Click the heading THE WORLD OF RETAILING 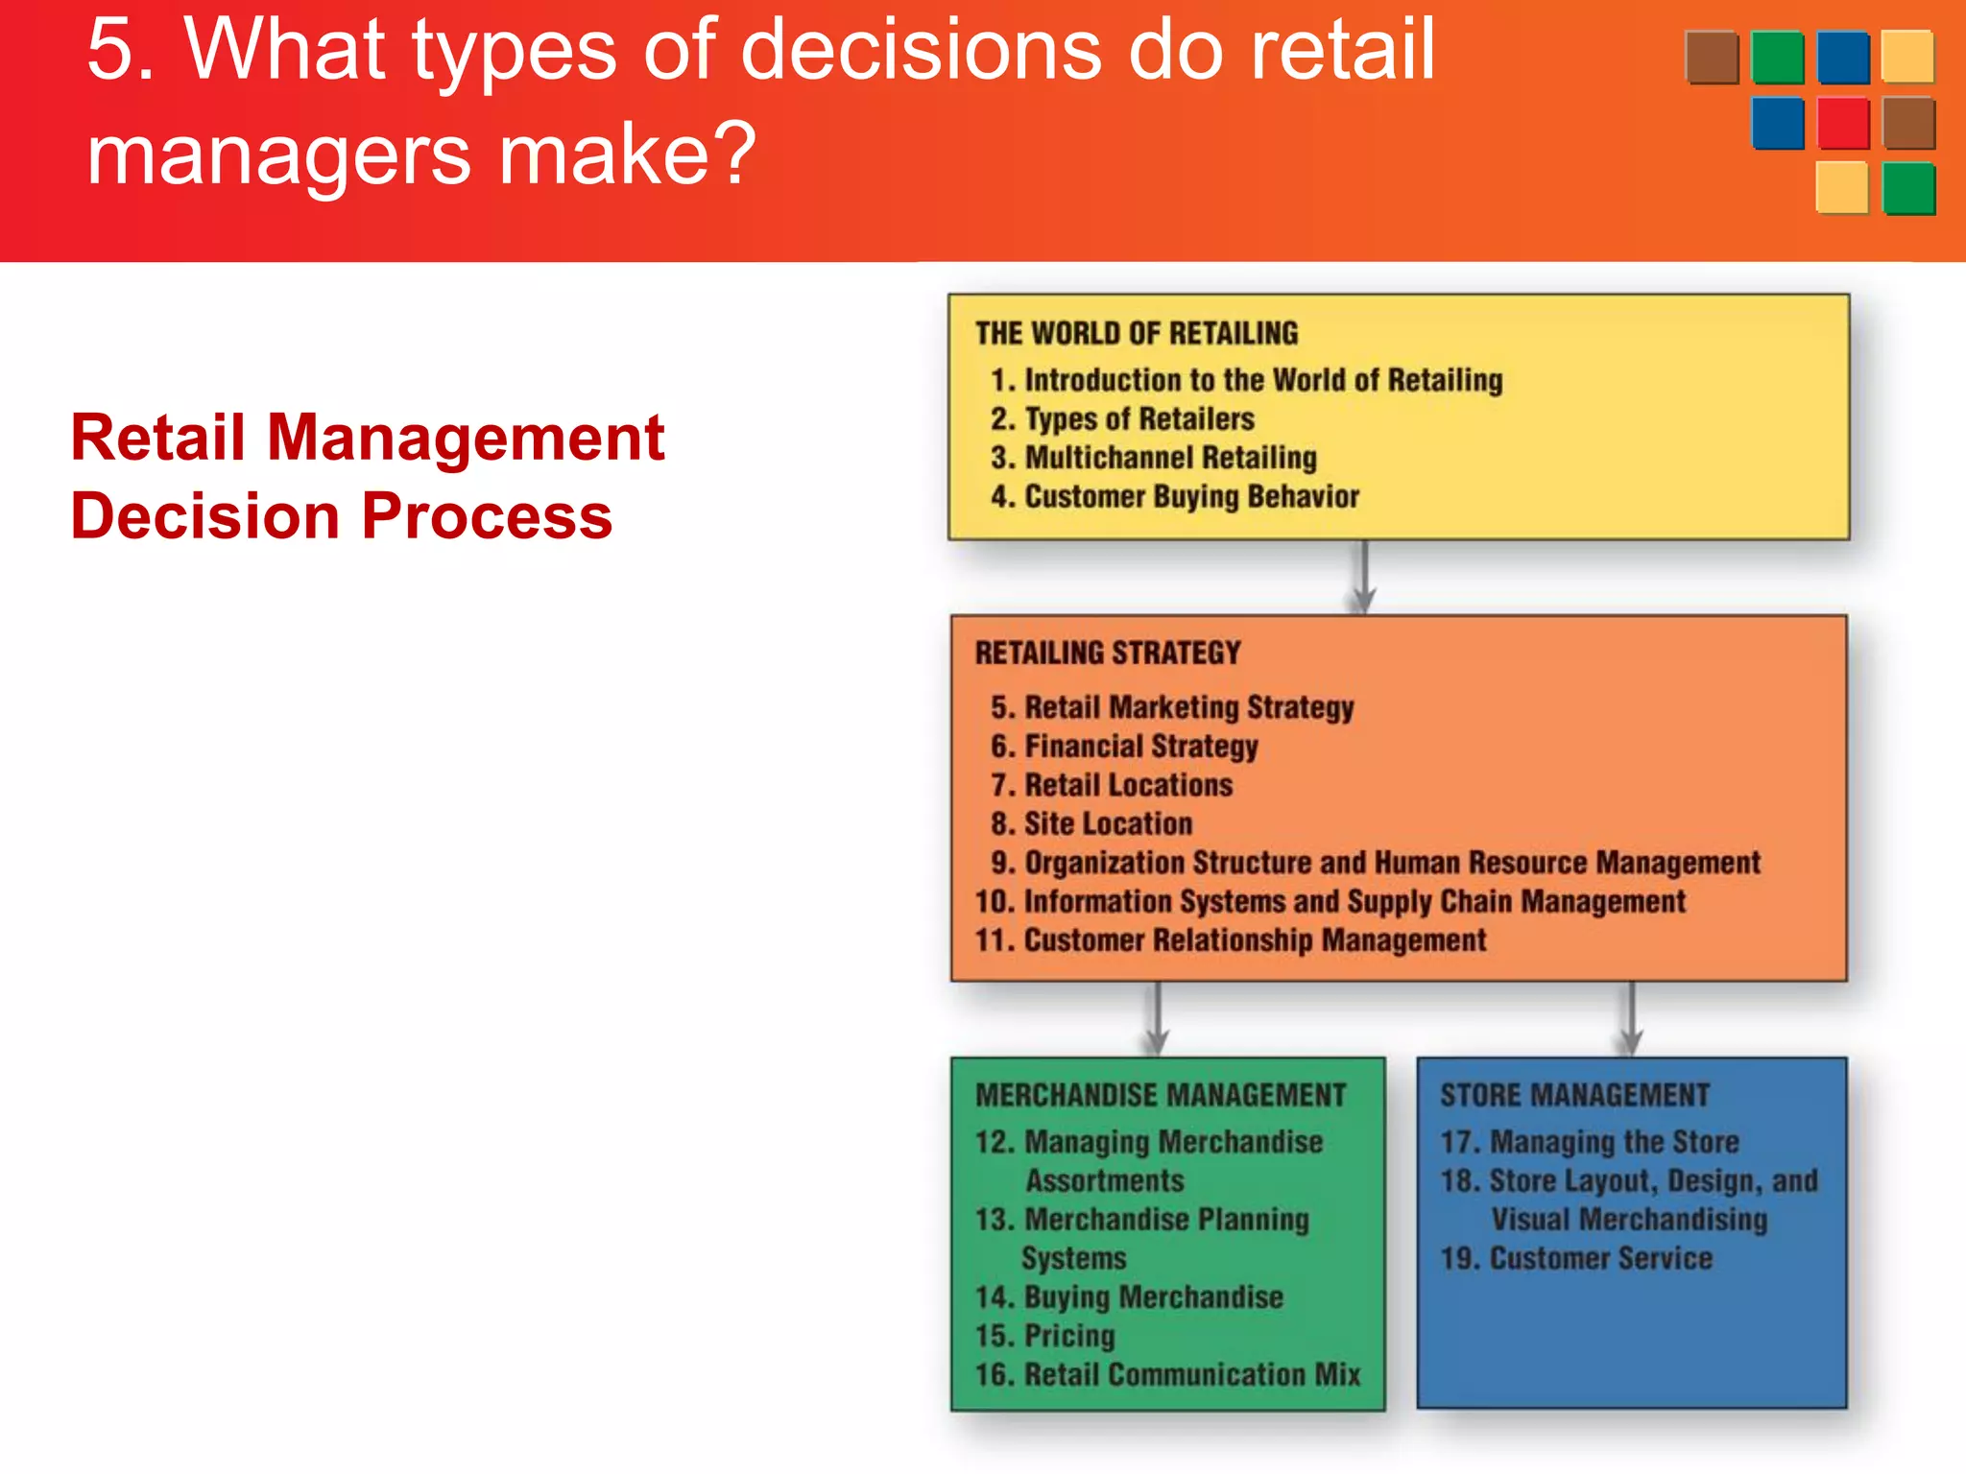[x=1137, y=333]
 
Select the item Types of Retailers [x=1123, y=419]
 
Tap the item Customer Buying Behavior [x=1176, y=497]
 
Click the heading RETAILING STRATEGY [x=1108, y=654]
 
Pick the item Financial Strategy [x=1125, y=747]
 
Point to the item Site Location [x=1092, y=824]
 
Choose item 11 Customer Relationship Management [x=1231, y=940]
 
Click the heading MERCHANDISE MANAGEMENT [x=1161, y=1095]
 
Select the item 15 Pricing [x=1045, y=1336]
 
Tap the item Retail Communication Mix [x=1168, y=1375]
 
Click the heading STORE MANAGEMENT [x=1574, y=1095]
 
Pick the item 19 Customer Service [x=1576, y=1258]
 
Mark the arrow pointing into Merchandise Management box [x=1157, y=1019]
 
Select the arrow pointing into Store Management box [x=1630, y=1019]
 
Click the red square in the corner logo [x=1843, y=123]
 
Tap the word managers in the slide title [x=279, y=155]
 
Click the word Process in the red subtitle [x=487, y=516]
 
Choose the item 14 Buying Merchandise [x=1130, y=1297]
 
